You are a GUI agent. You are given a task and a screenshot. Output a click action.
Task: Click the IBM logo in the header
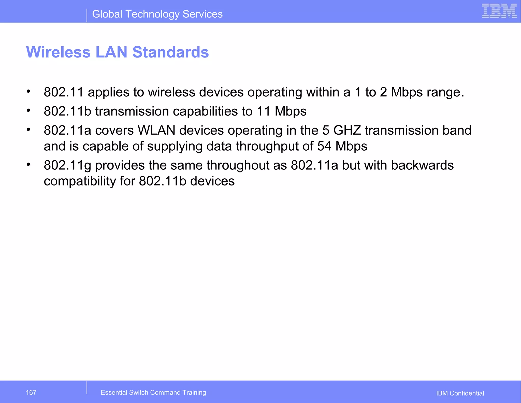(499, 11)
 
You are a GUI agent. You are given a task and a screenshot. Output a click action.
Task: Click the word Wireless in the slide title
(58, 52)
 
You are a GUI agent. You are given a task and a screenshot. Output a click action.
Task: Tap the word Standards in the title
(170, 52)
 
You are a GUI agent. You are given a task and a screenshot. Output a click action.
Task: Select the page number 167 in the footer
(31, 392)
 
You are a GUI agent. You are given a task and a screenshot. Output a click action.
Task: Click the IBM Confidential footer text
(460, 393)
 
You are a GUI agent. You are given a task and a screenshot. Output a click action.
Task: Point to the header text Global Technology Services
(157, 14)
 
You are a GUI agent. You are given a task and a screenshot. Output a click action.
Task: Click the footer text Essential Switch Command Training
(153, 392)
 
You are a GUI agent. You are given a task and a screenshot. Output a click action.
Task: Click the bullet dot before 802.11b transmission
(28, 110)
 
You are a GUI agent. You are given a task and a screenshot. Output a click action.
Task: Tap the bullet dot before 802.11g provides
(28, 164)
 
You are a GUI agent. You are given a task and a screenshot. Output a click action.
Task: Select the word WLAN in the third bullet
(156, 130)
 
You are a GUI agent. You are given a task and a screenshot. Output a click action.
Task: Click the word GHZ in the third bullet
(347, 130)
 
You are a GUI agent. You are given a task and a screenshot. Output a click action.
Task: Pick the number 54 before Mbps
(324, 146)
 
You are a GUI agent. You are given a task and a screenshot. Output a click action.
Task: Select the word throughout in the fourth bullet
(238, 165)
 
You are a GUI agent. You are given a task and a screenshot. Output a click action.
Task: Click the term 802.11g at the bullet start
(67, 165)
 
